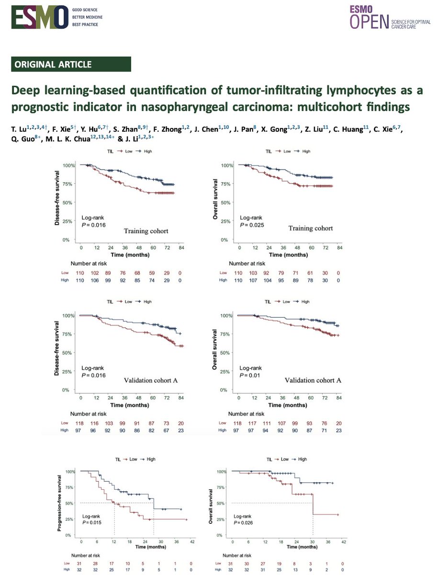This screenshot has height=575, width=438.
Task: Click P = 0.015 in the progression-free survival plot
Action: click(x=92, y=522)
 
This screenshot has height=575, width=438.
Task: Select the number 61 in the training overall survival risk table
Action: click(x=309, y=273)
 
